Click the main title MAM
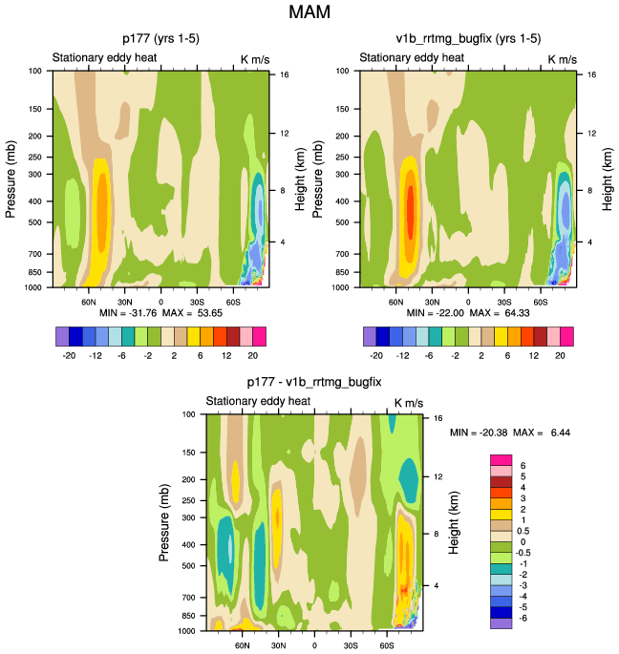click(x=309, y=14)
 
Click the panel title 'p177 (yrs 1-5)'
click(x=160, y=39)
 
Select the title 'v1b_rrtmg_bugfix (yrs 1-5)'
click(x=468, y=39)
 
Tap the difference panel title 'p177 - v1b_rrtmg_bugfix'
click(x=314, y=383)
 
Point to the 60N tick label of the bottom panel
click(x=243, y=644)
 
